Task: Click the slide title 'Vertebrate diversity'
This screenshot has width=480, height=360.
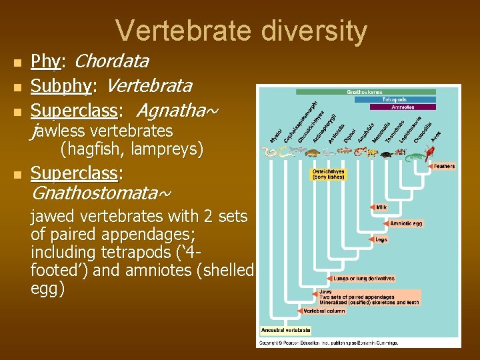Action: coord(241,31)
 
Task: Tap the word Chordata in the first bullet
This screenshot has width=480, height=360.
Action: coord(111,62)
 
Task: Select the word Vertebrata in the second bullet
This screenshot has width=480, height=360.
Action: coord(149,86)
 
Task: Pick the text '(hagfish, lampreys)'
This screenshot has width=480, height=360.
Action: coord(131,149)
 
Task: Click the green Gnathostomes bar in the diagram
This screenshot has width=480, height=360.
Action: coord(365,91)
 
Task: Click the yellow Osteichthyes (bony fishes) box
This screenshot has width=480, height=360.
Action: coord(329,174)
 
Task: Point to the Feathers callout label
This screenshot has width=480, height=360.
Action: coord(443,166)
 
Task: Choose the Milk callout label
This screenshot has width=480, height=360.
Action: coord(381,207)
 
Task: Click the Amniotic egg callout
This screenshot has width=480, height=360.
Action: coord(405,223)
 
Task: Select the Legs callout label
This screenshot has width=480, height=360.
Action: coord(381,239)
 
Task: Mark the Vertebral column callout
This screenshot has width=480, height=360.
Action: coord(324,311)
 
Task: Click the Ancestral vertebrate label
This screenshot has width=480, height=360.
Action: coord(285,330)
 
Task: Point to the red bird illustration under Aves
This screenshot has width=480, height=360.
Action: coord(437,155)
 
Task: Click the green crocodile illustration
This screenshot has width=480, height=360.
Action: coord(415,157)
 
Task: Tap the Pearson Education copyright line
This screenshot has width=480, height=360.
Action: coord(328,343)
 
